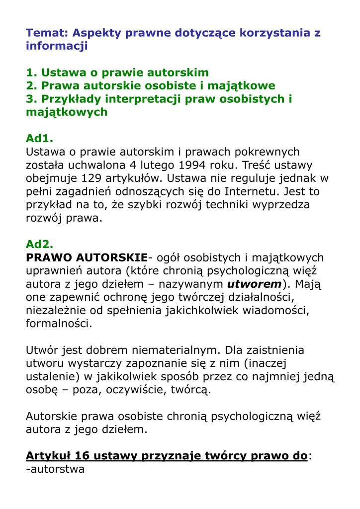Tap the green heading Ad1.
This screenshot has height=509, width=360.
click(x=39, y=138)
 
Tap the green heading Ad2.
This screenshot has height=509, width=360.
click(x=39, y=244)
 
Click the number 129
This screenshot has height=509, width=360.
click(x=94, y=178)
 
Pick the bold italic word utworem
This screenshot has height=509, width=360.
click(x=254, y=284)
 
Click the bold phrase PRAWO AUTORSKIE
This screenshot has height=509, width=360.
click(x=87, y=257)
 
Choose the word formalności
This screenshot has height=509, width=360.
click(x=59, y=324)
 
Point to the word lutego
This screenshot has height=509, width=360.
click(x=159, y=165)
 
